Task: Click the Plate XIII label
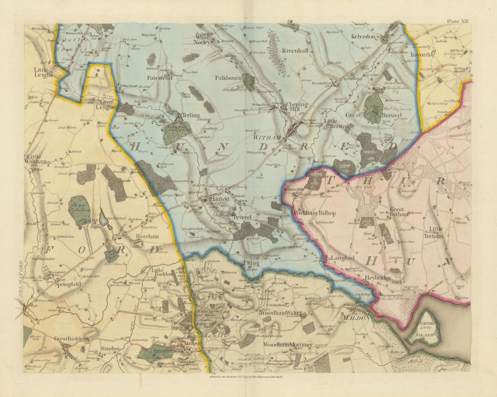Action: point(458,21)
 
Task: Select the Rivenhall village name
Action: point(295,51)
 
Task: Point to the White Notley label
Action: point(203,39)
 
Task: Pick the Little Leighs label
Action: point(43,72)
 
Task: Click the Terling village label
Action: point(191,115)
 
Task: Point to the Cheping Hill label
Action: point(297,107)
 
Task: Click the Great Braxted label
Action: point(373,115)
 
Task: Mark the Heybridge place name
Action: point(378,278)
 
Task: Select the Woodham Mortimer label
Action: point(288,345)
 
